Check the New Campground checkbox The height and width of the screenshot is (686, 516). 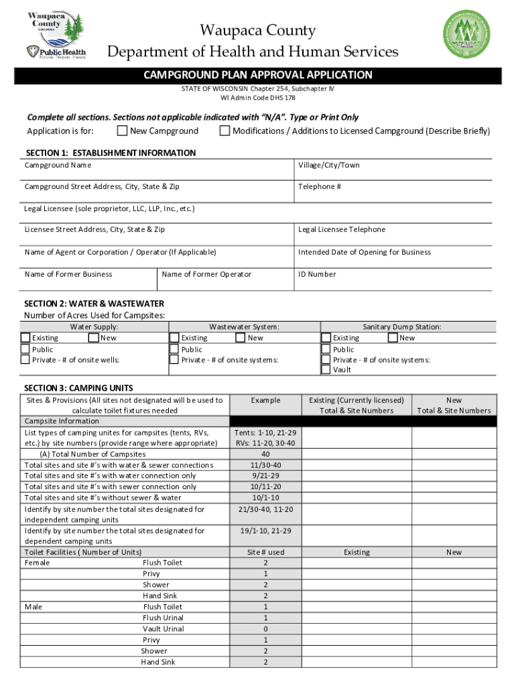(122, 131)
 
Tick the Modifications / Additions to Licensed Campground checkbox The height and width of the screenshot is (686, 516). (224, 131)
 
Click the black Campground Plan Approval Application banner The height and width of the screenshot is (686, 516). (258, 75)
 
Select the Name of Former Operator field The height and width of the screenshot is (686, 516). (225, 279)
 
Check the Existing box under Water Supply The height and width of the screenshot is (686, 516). (25, 338)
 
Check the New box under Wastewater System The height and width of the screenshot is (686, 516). (241, 338)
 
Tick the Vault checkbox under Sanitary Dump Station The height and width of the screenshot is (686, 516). (326, 370)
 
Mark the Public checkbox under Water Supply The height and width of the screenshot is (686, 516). (25, 349)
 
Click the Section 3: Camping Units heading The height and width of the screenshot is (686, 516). (78, 388)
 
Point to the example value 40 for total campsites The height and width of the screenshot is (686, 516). (265, 454)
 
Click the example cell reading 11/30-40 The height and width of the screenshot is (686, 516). (265, 465)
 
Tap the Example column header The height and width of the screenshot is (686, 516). (265, 401)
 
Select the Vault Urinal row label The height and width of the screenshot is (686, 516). (163, 628)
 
